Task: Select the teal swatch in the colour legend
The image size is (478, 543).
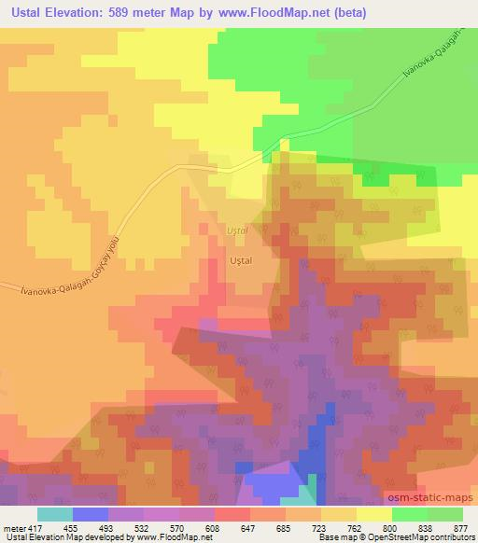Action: tap(54, 514)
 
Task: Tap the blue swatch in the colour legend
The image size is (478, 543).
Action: tap(91, 514)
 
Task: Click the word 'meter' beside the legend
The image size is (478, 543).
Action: tap(9, 527)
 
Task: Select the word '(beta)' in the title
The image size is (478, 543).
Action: tap(347, 14)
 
